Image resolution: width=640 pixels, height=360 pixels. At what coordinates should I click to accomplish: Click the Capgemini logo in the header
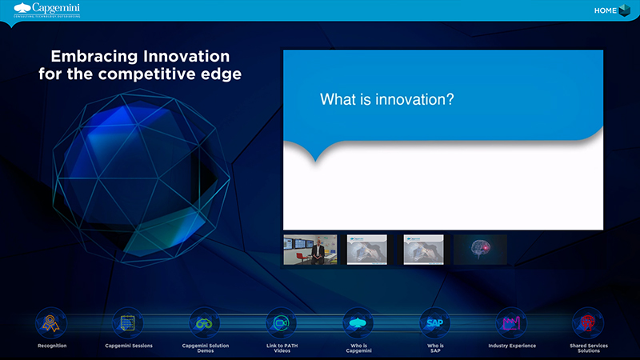click(x=46, y=10)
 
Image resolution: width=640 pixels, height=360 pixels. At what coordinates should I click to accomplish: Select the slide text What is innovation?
click(x=387, y=99)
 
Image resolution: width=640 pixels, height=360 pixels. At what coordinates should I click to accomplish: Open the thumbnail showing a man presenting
click(x=310, y=250)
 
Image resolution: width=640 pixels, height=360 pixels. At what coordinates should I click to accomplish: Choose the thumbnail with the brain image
click(x=480, y=250)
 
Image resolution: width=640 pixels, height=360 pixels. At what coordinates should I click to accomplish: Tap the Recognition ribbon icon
click(x=52, y=323)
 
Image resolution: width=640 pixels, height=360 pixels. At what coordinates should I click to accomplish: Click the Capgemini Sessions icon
click(x=128, y=323)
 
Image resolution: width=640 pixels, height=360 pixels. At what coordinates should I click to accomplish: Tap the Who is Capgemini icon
click(x=358, y=323)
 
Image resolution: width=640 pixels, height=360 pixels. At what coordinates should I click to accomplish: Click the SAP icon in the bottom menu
click(x=434, y=323)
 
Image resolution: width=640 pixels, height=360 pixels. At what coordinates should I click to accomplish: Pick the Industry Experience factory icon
click(x=511, y=323)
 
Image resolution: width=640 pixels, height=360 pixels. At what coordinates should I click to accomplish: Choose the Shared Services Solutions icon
click(x=587, y=323)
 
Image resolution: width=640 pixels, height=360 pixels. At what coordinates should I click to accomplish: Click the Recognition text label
click(x=52, y=346)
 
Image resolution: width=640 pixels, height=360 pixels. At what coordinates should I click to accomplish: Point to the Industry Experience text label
click(x=511, y=346)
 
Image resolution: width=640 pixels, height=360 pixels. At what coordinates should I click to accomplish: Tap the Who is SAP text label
click(x=434, y=348)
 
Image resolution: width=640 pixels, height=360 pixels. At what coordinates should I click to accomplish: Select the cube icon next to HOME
click(x=624, y=10)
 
